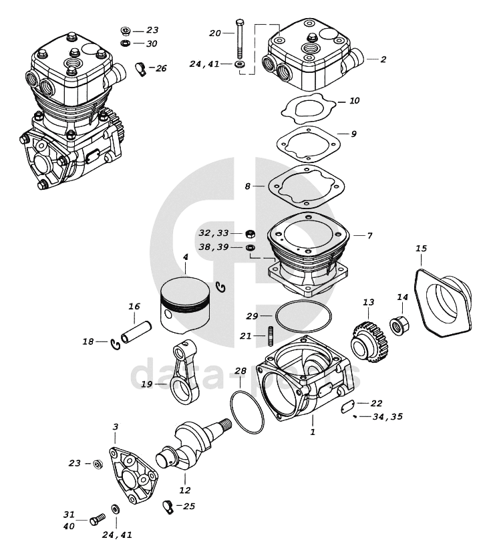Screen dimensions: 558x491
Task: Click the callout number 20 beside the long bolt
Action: click(x=214, y=33)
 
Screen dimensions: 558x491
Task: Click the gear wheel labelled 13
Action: click(x=367, y=339)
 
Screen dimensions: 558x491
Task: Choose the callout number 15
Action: click(x=421, y=249)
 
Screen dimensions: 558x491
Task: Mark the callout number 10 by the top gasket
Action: click(x=355, y=101)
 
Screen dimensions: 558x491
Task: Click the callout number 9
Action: click(x=353, y=134)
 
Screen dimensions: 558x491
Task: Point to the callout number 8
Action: click(x=247, y=186)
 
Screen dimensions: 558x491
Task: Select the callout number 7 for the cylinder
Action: click(x=369, y=235)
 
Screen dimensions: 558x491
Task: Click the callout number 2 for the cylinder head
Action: click(x=383, y=59)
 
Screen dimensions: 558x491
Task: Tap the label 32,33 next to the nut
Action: click(x=214, y=233)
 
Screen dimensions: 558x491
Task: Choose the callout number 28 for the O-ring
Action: click(x=240, y=371)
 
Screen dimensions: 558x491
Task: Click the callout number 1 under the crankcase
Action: click(x=312, y=432)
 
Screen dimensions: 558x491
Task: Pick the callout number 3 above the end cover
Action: click(x=116, y=426)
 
